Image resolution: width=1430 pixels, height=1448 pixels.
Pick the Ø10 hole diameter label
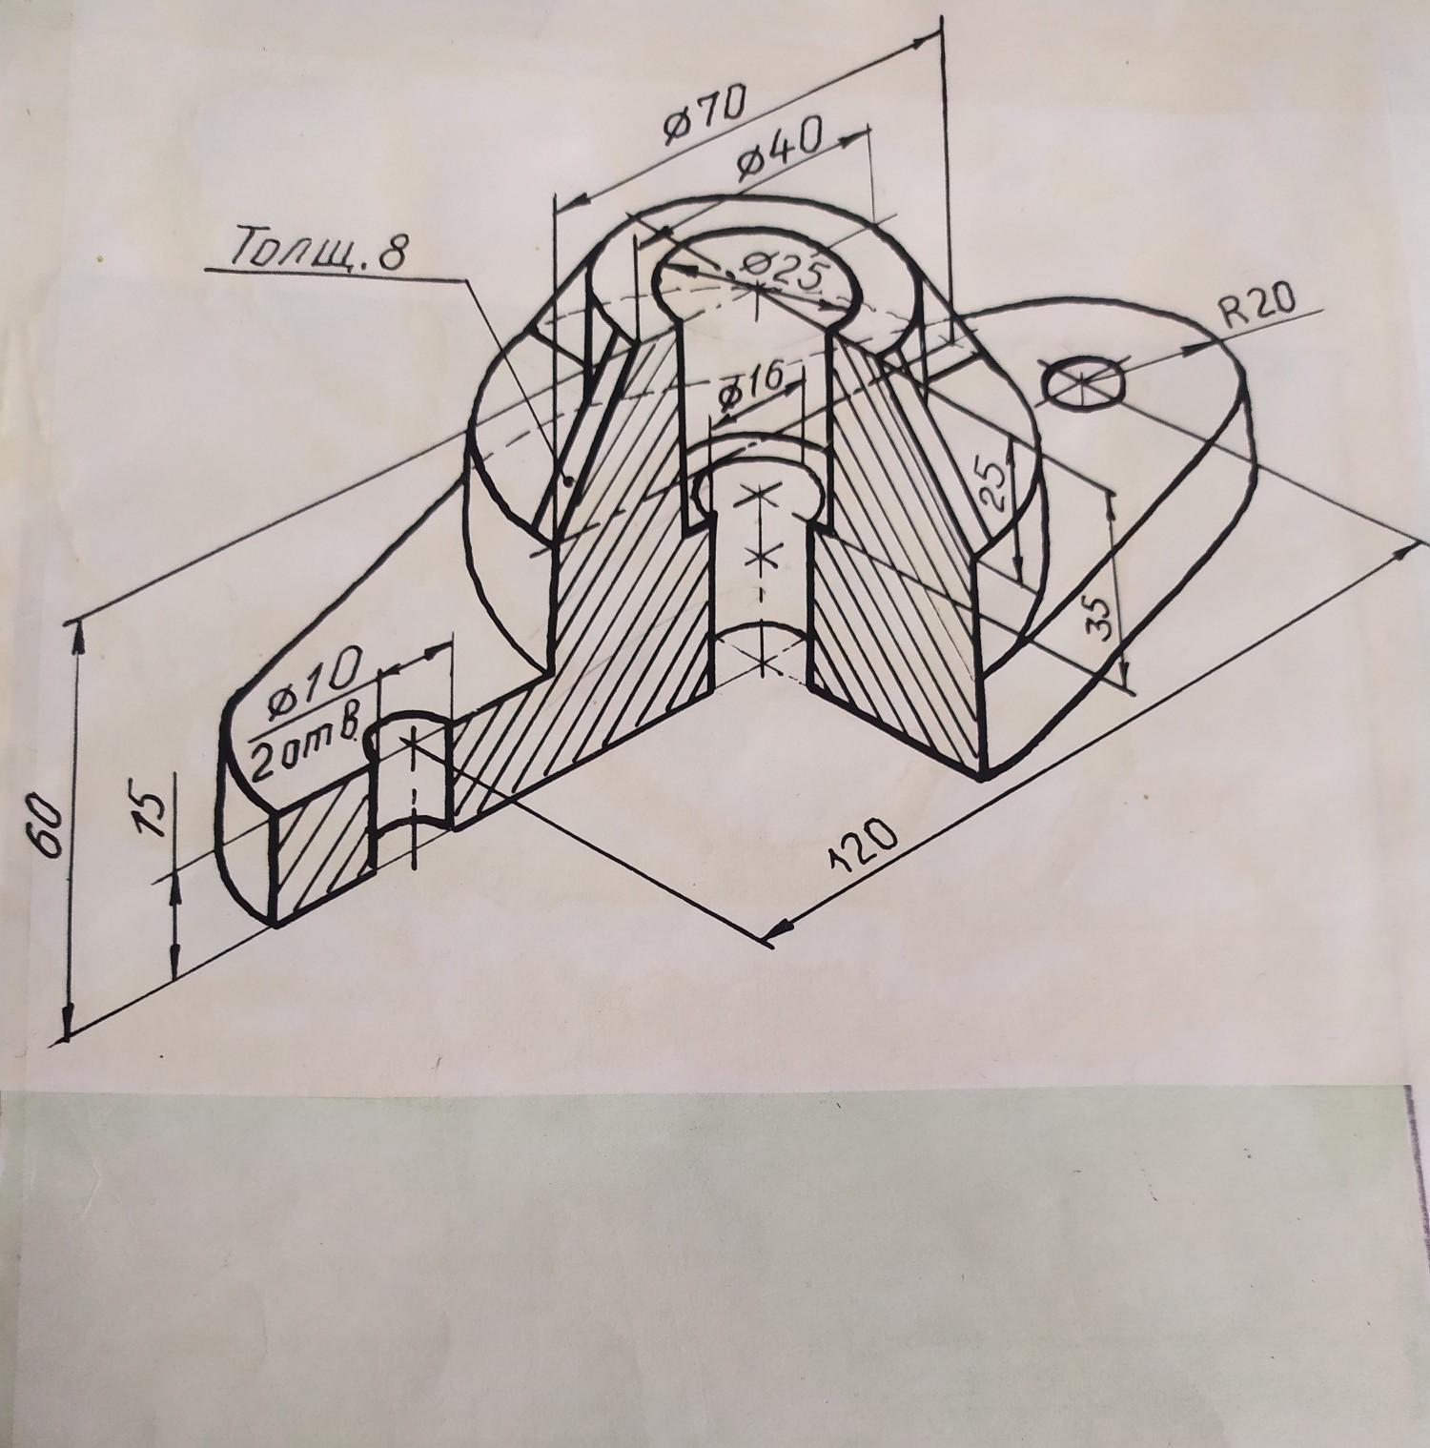[312, 686]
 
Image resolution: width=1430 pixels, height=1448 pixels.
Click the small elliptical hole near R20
[1083, 382]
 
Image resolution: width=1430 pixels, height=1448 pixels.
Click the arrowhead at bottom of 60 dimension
[67, 1020]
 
